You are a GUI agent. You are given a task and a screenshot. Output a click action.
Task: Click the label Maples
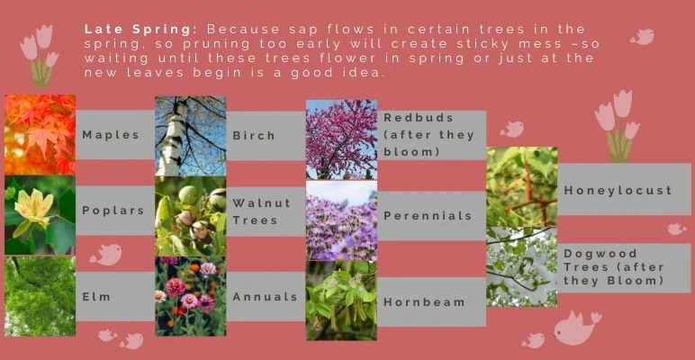[x=111, y=135]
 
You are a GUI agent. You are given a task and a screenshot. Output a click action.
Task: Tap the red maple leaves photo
[x=40, y=134]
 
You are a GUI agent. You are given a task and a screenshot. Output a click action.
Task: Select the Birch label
[x=254, y=135]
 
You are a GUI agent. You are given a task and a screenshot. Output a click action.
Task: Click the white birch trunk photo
[x=190, y=135]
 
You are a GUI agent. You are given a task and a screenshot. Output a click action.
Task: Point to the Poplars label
[x=113, y=211]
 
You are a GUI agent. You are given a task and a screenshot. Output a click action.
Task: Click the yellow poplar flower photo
[x=40, y=215]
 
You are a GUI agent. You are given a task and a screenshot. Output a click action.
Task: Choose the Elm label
[x=96, y=296]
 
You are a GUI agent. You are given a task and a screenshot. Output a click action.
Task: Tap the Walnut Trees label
[x=262, y=211]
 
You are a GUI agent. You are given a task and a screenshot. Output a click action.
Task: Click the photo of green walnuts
[x=190, y=216]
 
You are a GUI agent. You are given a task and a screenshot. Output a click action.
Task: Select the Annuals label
[x=265, y=296]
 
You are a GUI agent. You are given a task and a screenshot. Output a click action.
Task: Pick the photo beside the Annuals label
[x=190, y=296]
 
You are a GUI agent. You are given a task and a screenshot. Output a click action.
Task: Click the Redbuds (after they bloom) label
[x=418, y=134]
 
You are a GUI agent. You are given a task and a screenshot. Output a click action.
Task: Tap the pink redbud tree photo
[x=341, y=139]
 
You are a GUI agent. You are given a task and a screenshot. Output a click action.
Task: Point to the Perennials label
[x=428, y=216]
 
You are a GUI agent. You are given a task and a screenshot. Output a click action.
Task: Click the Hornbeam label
[x=424, y=301]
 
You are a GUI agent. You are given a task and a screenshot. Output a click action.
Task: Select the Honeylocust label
[x=618, y=190]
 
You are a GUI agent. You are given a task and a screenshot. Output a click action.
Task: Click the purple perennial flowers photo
[x=341, y=220]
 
